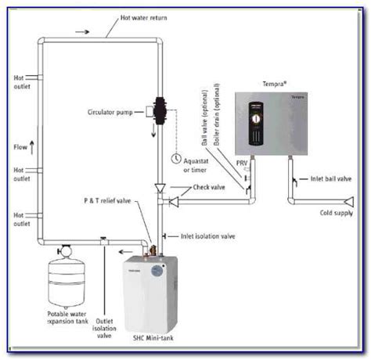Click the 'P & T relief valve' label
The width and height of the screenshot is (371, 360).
[x=108, y=200]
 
